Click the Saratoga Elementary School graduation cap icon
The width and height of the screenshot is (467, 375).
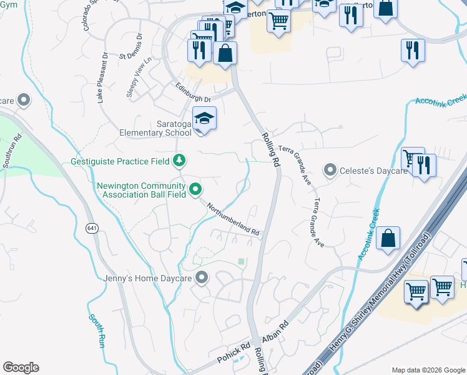204,117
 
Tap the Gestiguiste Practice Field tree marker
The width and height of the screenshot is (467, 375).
179,161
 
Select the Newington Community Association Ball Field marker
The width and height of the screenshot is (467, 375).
195,188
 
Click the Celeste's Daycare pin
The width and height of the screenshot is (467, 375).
329,169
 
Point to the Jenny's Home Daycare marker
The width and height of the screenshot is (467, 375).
201,277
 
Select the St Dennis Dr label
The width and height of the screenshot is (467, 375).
131,46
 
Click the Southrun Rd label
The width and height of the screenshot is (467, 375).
10,152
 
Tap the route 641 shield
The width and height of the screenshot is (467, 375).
92,229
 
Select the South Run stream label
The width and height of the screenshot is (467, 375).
97,330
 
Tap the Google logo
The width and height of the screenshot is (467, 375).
21,367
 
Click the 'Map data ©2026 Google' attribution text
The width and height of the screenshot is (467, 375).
428,370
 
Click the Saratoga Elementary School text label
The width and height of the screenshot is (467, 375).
155,127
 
